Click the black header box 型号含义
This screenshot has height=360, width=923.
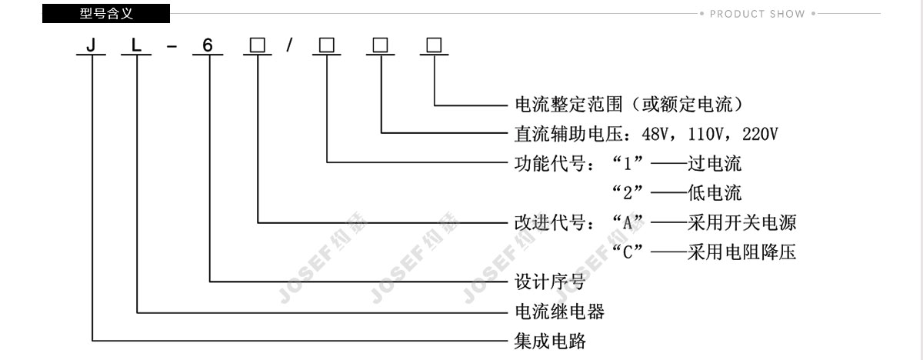pos(106,14)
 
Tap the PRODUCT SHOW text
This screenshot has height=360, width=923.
pos(757,14)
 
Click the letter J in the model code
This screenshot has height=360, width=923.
pos(91,45)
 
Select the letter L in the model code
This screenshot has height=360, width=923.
pos(136,45)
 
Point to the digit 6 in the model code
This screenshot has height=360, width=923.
pos(207,45)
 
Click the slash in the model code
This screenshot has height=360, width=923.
pos(290,45)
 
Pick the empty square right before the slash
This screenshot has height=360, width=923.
pos(258,45)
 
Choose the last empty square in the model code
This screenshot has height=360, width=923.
pos(434,45)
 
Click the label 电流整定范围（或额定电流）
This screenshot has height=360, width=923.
pos(629,105)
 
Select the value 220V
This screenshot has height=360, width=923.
pos(760,134)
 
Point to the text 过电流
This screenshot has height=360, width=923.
pos(715,164)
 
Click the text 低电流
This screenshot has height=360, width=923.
pos(715,193)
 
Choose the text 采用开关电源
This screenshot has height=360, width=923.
pos(741,223)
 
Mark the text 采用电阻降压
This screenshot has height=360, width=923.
pos(741,252)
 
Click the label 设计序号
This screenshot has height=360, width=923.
pos(550,282)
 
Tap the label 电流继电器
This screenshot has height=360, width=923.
pos(560,312)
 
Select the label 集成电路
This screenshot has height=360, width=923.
pos(550,342)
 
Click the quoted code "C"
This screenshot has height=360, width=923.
pos(627,252)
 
